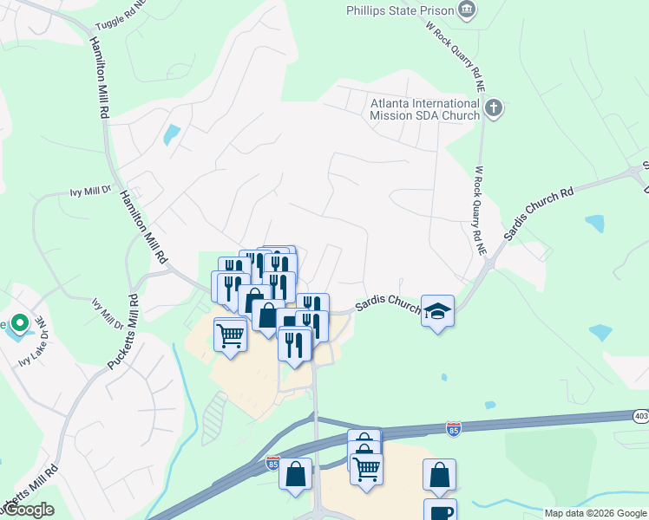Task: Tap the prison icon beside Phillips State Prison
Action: coord(467,10)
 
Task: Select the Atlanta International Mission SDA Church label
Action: coord(425,108)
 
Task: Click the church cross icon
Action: coord(494,108)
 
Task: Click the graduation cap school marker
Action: coord(438,311)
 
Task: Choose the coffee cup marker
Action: coord(440,510)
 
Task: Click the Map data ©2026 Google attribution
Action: coord(595,513)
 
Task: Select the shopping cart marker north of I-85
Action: coord(230,334)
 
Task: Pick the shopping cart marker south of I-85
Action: coord(367,469)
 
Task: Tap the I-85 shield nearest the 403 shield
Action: coord(453,427)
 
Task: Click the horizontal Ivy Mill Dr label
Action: coord(91,191)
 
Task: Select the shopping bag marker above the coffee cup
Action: coord(439,474)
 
